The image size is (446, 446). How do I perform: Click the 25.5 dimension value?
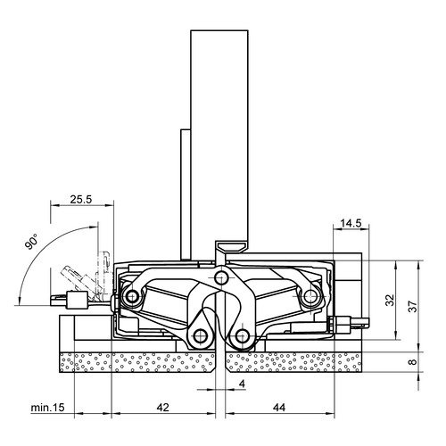pyautogui.click(x=81, y=199)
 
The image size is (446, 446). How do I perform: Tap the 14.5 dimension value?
pyautogui.click(x=351, y=223)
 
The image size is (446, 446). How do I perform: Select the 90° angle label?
pyautogui.click(x=31, y=242)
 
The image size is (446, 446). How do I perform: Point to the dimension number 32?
pyautogui.click(x=390, y=300)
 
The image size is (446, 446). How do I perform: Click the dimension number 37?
pyautogui.click(x=413, y=305)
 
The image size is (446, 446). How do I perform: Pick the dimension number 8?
pyautogui.click(x=413, y=362)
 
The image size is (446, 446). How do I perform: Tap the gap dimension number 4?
pyautogui.click(x=242, y=384)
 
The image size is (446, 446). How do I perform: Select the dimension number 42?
pyautogui.click(x=162, y=408)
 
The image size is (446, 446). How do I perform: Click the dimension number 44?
pyautogui.click(x=278, y=408)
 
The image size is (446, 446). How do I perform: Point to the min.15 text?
pyautogui.click(x=47, y=408)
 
